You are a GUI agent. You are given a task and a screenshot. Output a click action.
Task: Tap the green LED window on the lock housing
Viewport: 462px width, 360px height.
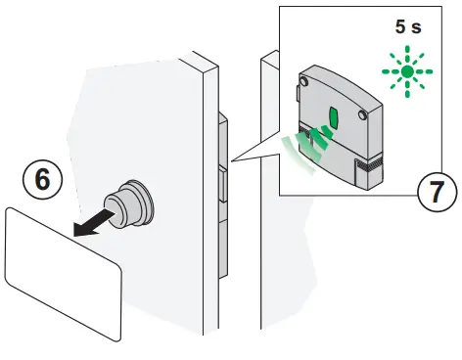(333, 119)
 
